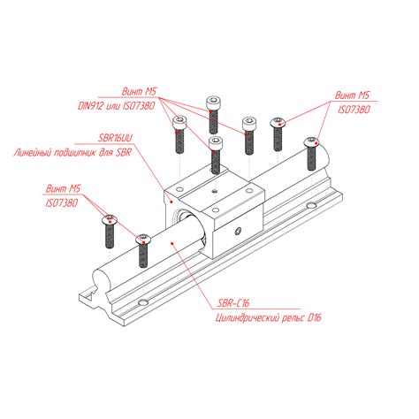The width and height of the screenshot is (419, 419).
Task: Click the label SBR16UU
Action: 116,138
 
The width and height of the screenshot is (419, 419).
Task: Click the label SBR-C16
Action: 233,302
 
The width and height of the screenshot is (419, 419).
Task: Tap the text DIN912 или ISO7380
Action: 117,106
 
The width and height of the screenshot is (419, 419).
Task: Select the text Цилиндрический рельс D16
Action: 269,318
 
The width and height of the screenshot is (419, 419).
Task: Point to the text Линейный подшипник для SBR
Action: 72,153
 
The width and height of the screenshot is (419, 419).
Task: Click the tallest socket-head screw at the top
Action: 213,115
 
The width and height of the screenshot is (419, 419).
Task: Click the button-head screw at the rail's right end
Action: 312,154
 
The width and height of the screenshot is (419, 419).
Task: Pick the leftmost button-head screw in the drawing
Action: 110,232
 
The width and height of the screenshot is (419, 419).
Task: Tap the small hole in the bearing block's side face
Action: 239,232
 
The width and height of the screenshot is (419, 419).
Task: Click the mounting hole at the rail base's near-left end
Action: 143,302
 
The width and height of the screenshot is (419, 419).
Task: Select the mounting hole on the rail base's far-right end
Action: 311,205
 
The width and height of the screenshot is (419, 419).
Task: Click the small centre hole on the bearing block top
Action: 215,192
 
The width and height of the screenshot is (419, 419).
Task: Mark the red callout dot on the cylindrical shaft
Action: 171,243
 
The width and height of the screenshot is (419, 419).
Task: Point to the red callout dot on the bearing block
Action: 171,202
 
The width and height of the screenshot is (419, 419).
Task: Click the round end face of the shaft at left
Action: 102,280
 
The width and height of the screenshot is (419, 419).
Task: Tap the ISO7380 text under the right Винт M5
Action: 354,110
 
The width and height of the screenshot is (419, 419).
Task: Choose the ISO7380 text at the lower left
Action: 62,202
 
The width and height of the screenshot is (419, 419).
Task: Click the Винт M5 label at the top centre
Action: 139,91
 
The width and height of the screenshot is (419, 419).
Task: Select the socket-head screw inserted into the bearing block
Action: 216,156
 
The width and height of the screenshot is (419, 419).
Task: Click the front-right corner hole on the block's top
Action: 216,210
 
